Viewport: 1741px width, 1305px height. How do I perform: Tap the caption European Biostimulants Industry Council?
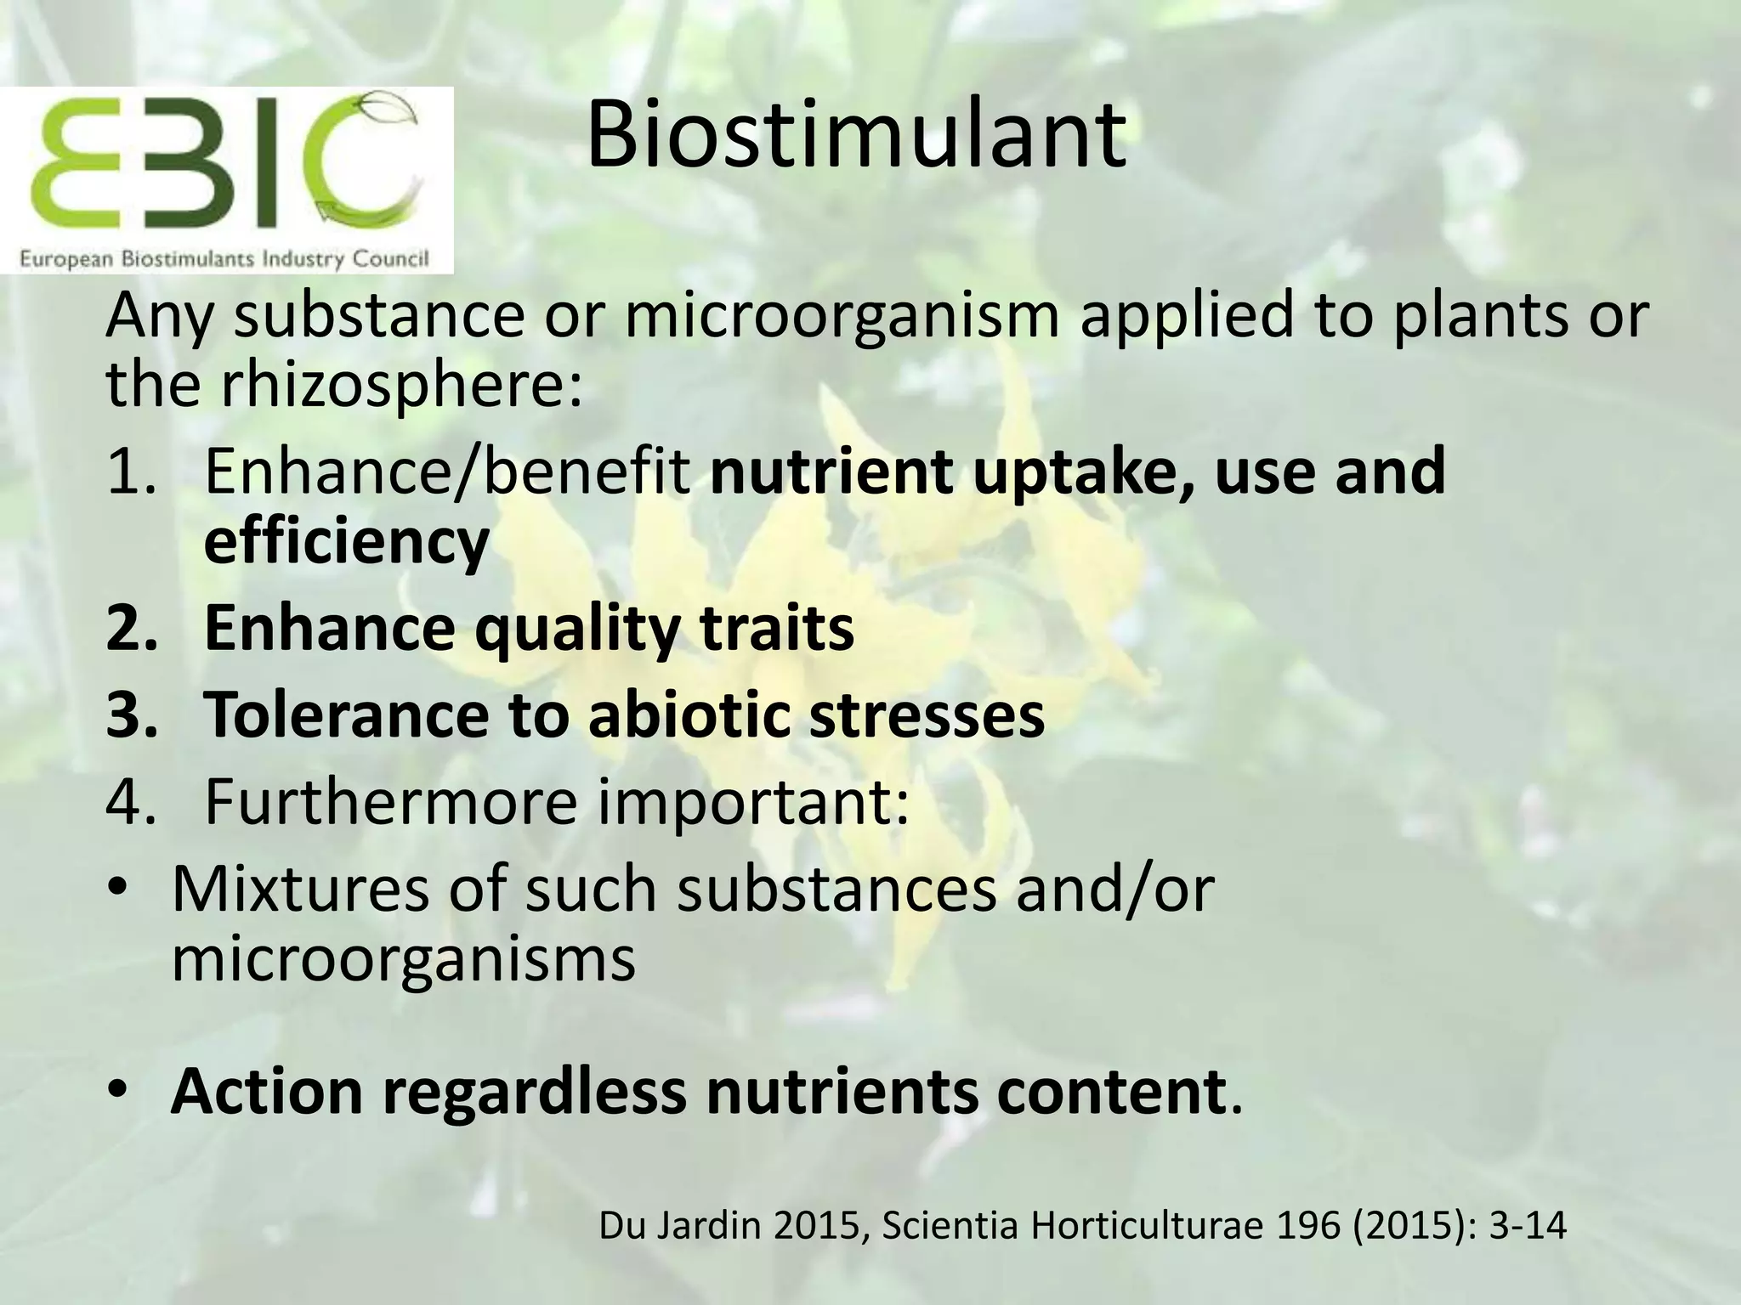coord(224,258)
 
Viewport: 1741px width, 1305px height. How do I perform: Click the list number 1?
coord(128,472)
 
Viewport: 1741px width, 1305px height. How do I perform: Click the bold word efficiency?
coord(346,541)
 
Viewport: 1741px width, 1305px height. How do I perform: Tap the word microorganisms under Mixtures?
coord(403,958)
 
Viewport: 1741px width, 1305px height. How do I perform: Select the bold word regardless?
coord(534,1093)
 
